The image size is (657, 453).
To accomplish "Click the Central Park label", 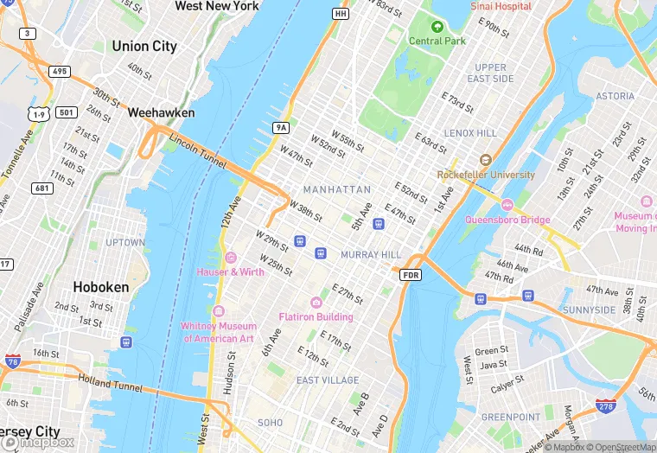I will pyautogui.click(x=437, y=41).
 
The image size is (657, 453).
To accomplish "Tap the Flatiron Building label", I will pyautogui.click(x=316, y=316).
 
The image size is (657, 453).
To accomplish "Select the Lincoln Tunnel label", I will pyautogui.click(x=197, y=150).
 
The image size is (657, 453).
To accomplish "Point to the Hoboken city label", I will pyautogui.click(x=100, y=287).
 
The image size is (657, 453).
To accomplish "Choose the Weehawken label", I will pyautogui.click(x=161, y=112).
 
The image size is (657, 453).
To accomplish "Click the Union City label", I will pyautogui.click(x=144, y=46).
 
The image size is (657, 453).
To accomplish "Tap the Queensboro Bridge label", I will pyautogui.click(x=507, y=220).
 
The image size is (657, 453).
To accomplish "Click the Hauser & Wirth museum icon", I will pyautogui.click(x=230, y=258).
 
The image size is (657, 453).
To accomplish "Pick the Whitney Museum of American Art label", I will pyautogui.click(x=219, y=332).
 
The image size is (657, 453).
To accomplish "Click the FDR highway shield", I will pyautogui.click(x=411, y=275).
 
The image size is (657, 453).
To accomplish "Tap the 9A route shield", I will pyautogui.click(x=280, y=127).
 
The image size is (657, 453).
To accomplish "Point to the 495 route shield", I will pyautogui.click(x=60, y=71).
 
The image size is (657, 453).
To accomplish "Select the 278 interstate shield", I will pyautogui.click(x=606, y=405).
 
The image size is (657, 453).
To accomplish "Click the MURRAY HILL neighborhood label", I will pyautogui.click(x=371, y=255).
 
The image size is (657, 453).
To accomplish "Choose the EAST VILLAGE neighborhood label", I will pyautogui.click(x=328, y=380).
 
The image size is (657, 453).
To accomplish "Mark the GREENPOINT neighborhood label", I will pyautogui.click(x=510, y=417).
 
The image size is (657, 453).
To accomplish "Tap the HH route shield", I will pyautogui.click(x=340, y=14).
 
